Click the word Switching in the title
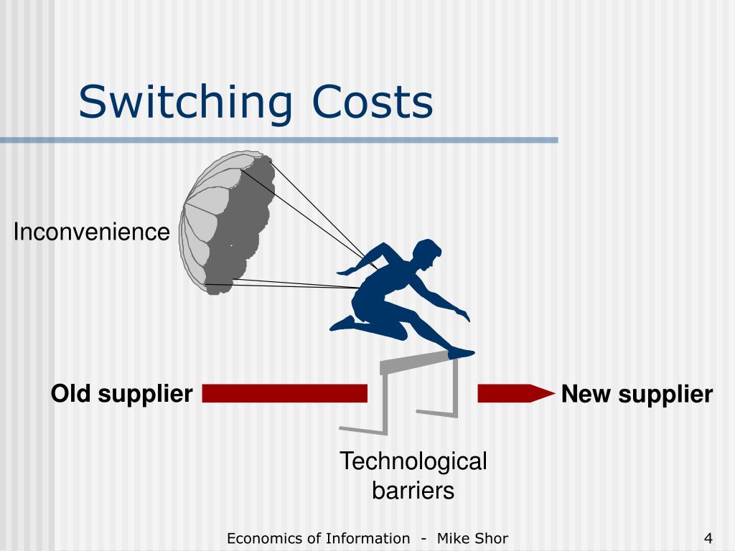(187, 102)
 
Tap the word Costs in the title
(373, 102)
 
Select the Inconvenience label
(92, 232)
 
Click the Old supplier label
(121, 394)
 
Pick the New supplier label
(637, 394)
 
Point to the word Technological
(413, 461)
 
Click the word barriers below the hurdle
(413, 491)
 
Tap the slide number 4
(708, 538)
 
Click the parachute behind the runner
(228, 222)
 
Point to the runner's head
(429, 254)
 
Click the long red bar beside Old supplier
(284, 394)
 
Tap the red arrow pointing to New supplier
(515, 394)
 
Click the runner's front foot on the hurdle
(462, 352)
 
